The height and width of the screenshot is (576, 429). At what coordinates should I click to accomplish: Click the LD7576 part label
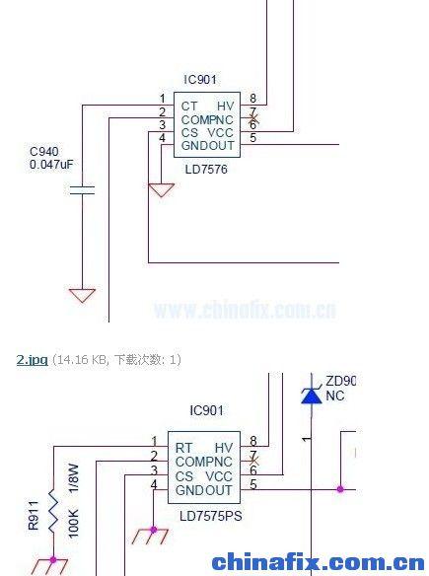205,169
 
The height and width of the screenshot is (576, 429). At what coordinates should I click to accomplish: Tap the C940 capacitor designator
44,152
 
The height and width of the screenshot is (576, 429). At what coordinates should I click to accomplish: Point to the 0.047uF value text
51,165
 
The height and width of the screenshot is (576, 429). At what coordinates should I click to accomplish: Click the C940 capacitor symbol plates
82,189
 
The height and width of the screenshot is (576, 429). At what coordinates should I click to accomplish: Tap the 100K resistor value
72,523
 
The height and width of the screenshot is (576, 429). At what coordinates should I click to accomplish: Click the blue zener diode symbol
311,396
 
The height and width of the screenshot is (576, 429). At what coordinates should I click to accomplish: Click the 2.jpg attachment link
32,359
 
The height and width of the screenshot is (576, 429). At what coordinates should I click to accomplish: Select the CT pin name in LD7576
189,106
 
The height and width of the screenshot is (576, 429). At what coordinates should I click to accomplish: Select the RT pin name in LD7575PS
183,448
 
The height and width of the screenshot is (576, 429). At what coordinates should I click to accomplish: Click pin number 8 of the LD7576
252,98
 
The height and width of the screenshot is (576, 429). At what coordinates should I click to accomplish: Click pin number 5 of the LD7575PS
252,484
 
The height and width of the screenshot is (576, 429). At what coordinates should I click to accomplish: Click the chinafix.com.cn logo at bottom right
318,563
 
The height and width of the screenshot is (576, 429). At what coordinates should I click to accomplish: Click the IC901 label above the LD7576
200,79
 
